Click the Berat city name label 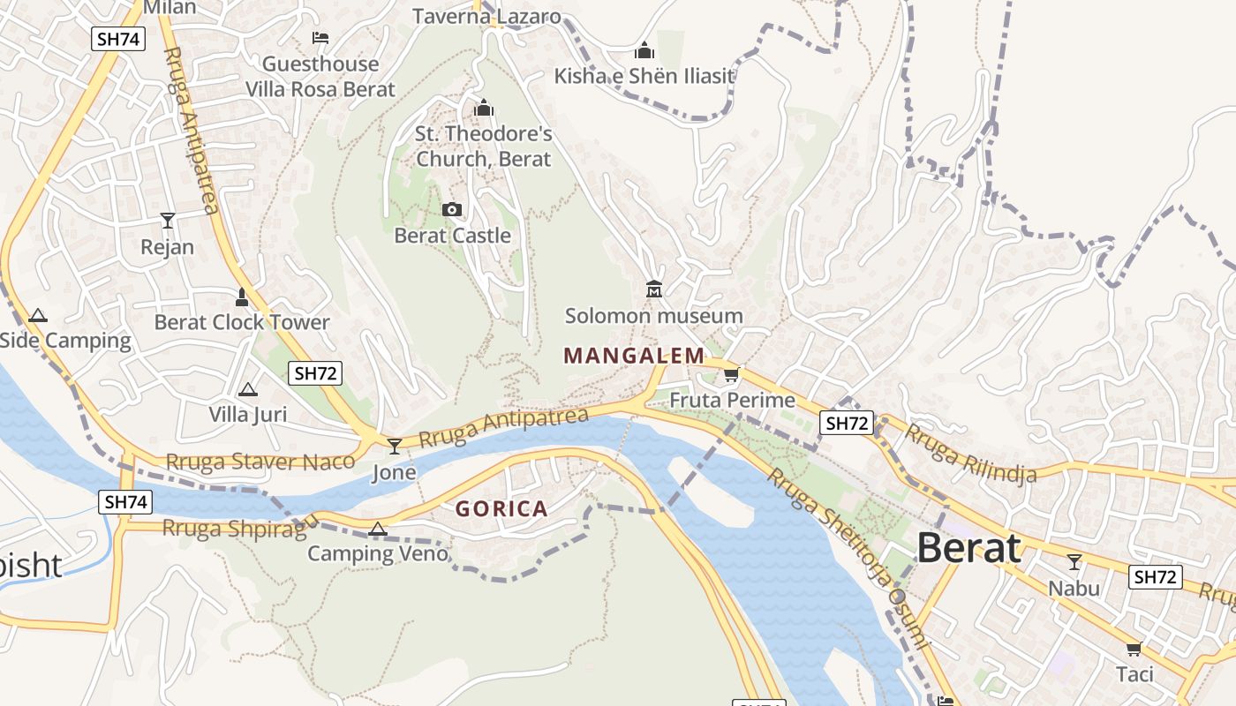tap(968, 549)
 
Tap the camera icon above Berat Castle tap(452, 209)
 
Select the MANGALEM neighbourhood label tap(634, 356)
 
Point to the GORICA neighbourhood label tap(501, 509)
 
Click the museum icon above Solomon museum tap(654, 289)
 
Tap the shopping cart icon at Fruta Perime tap(731, 375)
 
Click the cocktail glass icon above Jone tap(395, 446)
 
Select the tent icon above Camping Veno tap(378, 529)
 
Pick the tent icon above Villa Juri tap(248, 389)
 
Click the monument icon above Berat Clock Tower tap(242, 297)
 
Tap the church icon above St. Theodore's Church tap(484, 109)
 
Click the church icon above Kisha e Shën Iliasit tap(644, 50)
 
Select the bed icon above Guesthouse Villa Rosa tap(320, 38)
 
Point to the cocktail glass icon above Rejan tap(168, 220)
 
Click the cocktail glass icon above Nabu tap(1074, 561)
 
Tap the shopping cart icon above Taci tap(1134, 649)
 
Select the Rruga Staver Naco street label tap(260, 462)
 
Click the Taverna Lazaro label tap(486, 16)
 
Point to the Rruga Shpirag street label tap(234, 528)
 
